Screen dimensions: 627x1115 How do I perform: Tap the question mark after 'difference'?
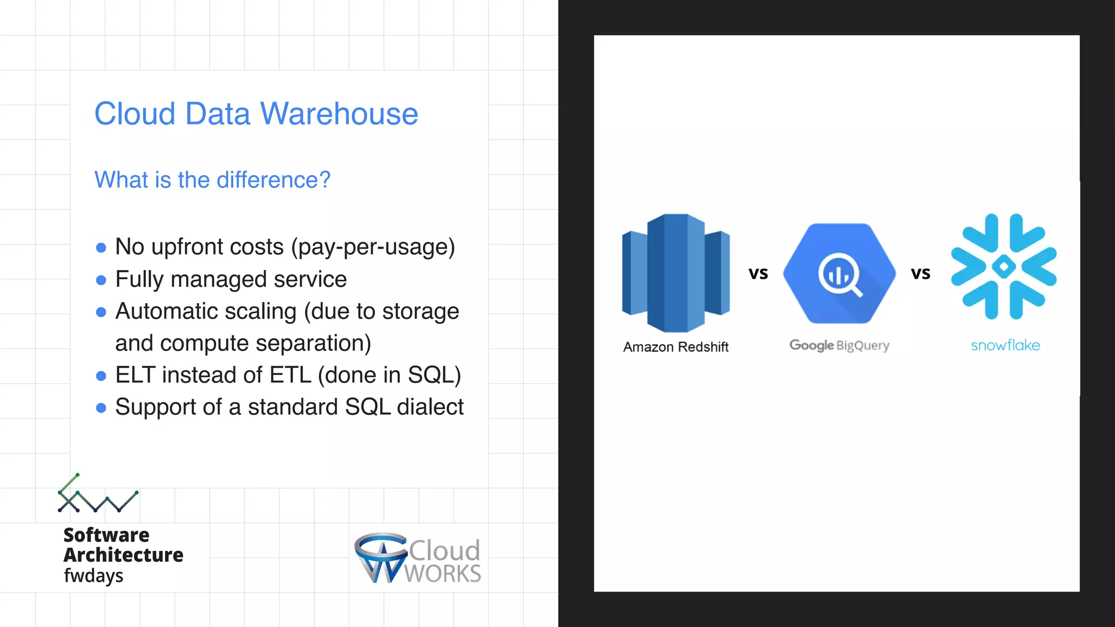tap(324, 180)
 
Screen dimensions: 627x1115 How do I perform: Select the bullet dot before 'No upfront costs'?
tap(101, 248)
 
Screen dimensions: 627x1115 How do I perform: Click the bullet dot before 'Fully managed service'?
tap(101, 280)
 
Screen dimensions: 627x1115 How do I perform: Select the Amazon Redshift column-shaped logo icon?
tap(676, 273)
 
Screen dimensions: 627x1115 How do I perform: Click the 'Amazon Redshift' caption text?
tap(676, 347)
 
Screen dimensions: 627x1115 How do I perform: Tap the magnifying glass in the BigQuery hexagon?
tap(840, 275)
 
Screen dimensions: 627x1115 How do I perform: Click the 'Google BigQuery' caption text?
tap(839, 345)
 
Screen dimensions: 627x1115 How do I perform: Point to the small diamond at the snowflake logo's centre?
tap(1004, 267)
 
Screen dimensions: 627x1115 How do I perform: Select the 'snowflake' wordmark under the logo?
tap(1005, 345)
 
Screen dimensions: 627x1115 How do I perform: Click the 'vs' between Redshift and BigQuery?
tap(758, 273)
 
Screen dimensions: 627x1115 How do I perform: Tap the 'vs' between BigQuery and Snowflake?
tap(921, 273)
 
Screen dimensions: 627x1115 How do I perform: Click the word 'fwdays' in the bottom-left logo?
tap(94, 575)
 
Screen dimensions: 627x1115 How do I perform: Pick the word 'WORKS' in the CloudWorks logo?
tap(443, 574)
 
